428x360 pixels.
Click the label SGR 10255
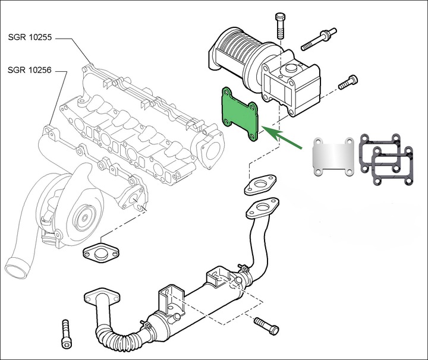[30, 37]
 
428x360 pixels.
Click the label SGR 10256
[30, 70]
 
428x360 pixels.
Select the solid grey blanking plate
[332, 157]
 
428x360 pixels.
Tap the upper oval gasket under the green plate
[259, 185]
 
